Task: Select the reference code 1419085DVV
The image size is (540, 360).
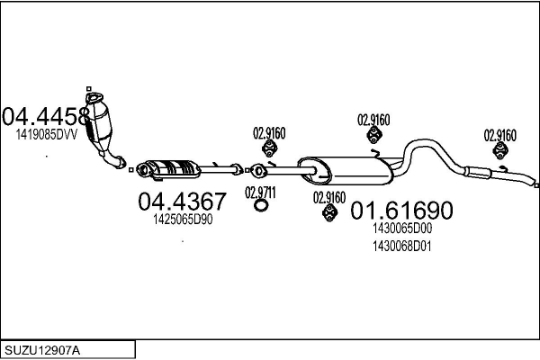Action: (x=47, y=134)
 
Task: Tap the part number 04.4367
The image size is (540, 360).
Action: (x=182, y=202)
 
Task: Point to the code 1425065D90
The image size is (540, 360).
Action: (x=183, y=220)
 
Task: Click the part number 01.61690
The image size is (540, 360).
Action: (x=400, y=211)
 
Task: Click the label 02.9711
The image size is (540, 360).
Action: (x=260, y=192)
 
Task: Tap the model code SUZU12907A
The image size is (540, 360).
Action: (x=42, y=348)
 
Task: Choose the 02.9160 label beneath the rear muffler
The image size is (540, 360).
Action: (x=328, y=197)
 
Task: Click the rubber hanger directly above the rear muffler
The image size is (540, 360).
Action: (x=373, y=135)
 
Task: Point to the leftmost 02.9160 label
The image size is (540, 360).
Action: (x=269, y=133)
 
